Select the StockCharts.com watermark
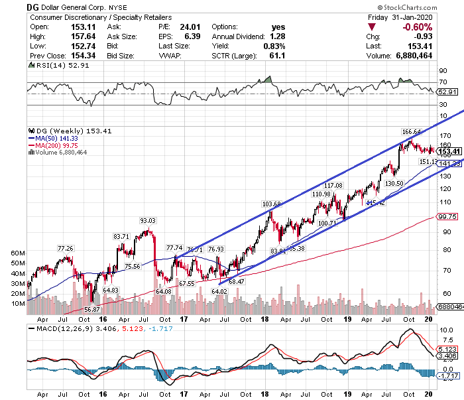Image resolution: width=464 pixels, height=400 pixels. click(x=425, y=7)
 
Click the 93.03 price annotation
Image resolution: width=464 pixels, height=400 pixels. click(x=147, y=221)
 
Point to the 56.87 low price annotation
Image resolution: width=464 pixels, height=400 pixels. click(x=91, y=309)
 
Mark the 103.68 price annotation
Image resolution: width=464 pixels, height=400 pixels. click(x=272, y=204)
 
